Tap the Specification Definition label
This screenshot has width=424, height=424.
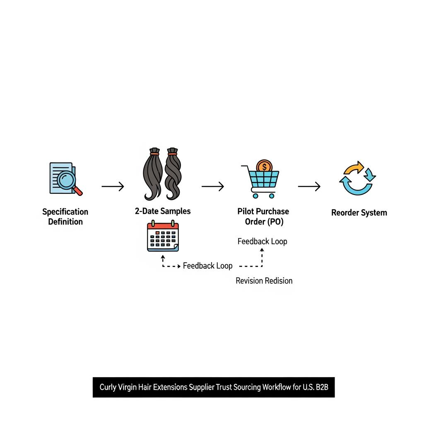[x=65, y=217]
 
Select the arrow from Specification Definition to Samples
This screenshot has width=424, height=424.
[x=113, y=187]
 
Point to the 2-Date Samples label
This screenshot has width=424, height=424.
[x=163, y=211]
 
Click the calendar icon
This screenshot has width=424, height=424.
[x=163, y=236]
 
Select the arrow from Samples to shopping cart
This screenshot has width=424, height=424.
[x=213, y=187]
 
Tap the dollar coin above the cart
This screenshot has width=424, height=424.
[x=264, y=167]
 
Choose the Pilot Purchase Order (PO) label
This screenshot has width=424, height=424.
[x=263, y=216]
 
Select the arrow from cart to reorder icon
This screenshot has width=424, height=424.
[x=309, y=187]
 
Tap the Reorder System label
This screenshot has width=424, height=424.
[x=359, y=213]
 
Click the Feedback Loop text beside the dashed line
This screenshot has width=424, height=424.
[x=207, y=266]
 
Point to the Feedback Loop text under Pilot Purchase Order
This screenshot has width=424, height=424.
[x=262, y=241]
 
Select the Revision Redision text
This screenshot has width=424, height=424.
[x=264, y=281]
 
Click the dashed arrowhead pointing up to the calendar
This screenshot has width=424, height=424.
[x=163, y=257]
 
